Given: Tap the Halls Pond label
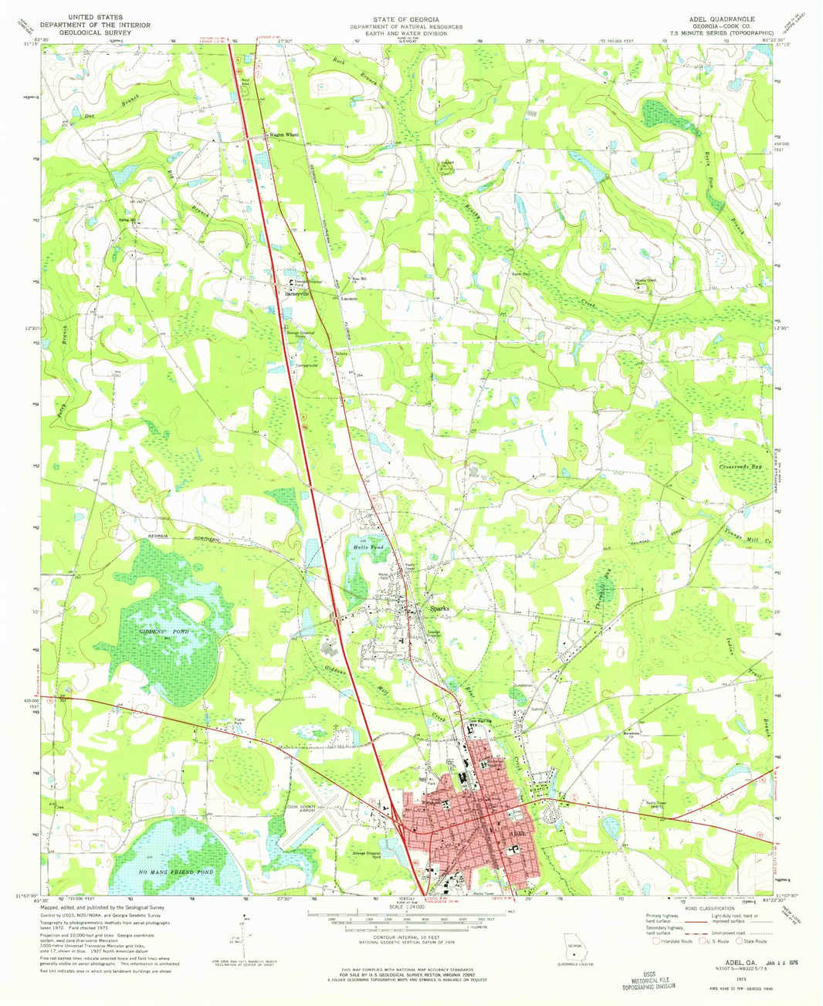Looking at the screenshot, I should point(368,547).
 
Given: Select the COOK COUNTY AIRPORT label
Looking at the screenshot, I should point(303,810).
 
